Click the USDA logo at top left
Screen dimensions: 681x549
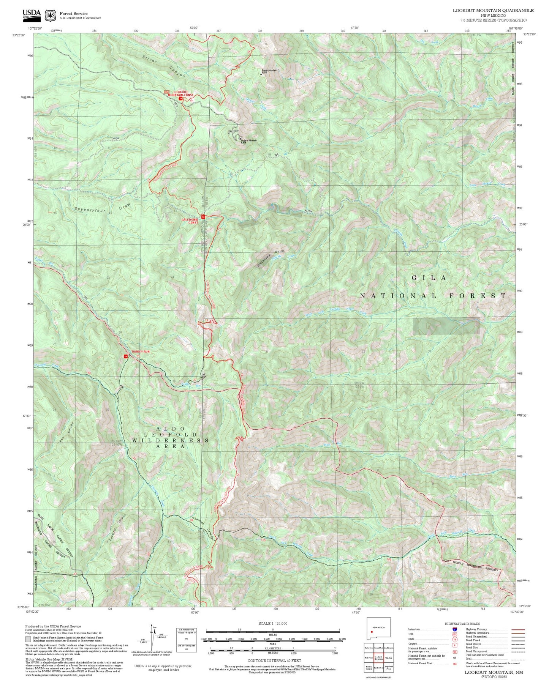click(x=32, y=14)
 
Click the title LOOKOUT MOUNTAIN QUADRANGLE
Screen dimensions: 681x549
click(x=493, y=10)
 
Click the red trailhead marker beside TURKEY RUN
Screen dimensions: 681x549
click(x=125, y=356)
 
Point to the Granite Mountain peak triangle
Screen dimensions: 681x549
click(x=261, y=74)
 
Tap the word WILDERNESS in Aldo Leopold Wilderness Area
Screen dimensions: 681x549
click(x=170, y=440)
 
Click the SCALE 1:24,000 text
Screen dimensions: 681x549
click(x=272, y=623)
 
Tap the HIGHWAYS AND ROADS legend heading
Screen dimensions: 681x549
click(x=462, y=624)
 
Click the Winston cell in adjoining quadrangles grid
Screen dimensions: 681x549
click(x=388, y=657)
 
